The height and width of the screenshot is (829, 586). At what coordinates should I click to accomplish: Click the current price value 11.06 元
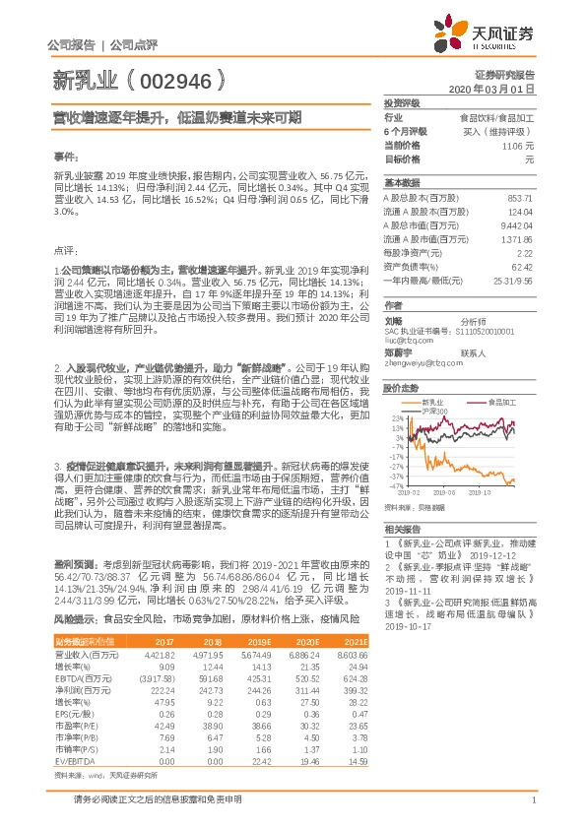pos(517,145)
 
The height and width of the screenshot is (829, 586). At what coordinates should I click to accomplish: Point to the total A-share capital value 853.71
pos(519,198)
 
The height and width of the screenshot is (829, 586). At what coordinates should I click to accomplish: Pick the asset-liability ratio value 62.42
pos(522,267)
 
